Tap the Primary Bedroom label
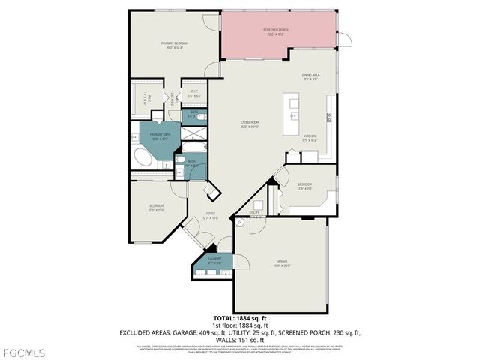[x=174, y=46]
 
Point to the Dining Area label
[x=311, y=76]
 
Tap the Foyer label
[x=212, y=216]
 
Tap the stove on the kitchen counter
[x=329, y=116]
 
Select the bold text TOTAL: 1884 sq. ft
[x=239, y=318]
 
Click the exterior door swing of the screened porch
[x=344, y=41]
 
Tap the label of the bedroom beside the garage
[x=304, y=186]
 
